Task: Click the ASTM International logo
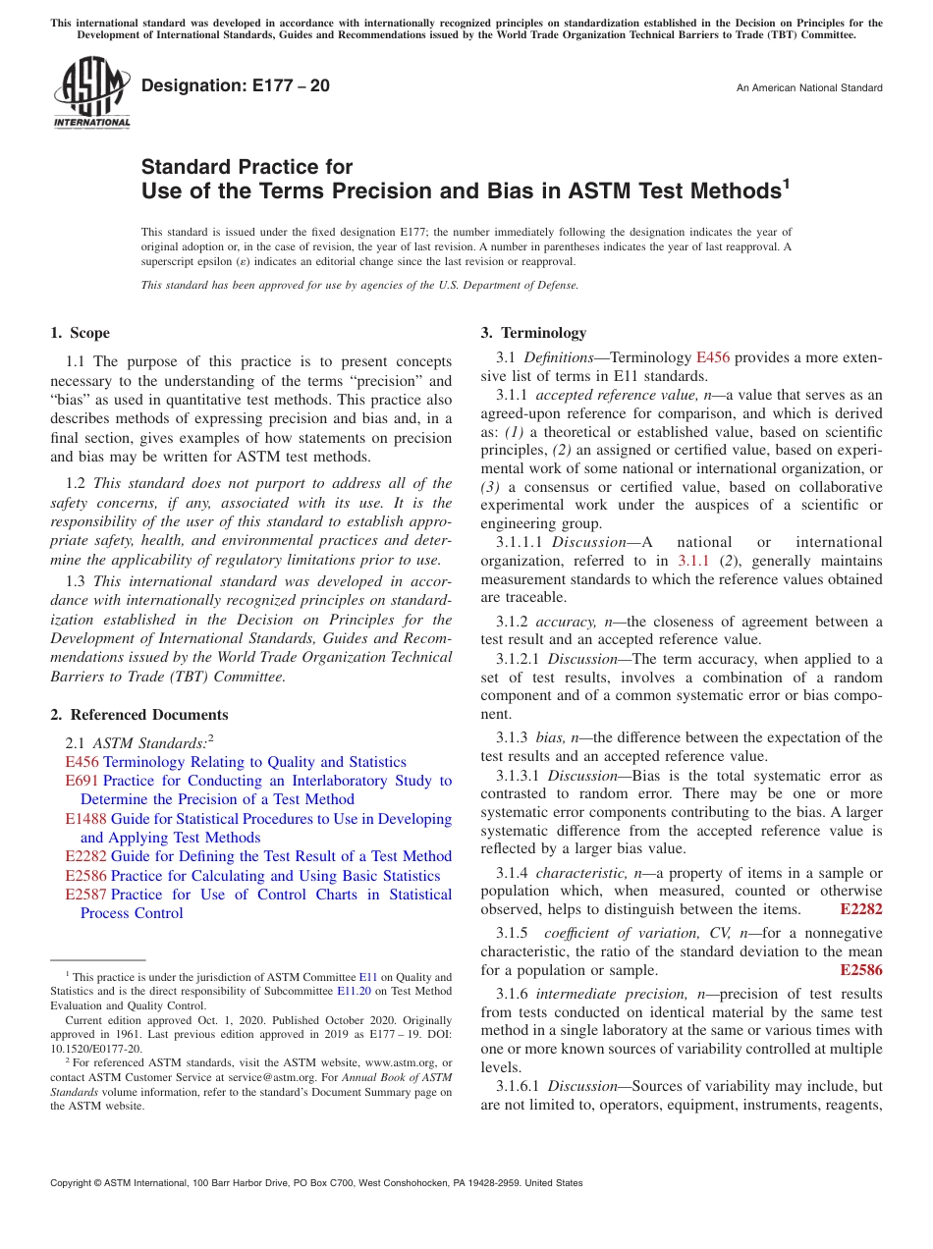tap(91, 92)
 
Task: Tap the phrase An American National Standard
tap(808, 88)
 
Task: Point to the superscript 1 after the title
tap(786, 184)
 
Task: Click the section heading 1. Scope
tap(81, 333)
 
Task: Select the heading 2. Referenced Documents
tap(139, 715)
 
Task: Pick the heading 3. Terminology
tap(533, 333)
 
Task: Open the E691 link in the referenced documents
tap(82, 781)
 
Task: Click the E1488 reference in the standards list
tap(85, 819)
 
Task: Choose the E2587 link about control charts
tap(85, 895)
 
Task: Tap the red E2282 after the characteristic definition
tap(861, 909)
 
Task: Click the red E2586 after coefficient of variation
tap(861, 970)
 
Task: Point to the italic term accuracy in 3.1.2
tap(567, 622)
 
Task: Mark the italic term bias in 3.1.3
tap(550, 737)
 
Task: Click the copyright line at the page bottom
tap(316, 1183)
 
